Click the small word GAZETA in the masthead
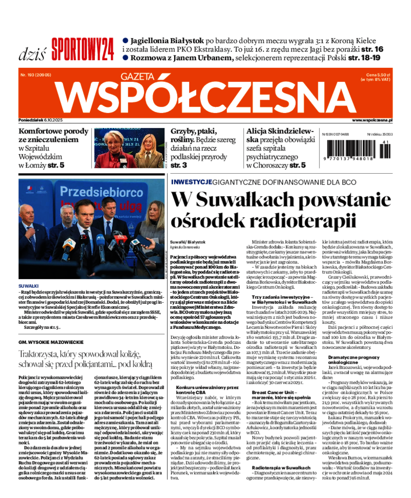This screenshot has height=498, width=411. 137,76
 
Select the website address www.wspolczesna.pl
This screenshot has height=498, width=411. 372,120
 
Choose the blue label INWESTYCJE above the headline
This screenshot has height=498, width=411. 191,182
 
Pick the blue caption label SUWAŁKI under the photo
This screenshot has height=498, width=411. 28,285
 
